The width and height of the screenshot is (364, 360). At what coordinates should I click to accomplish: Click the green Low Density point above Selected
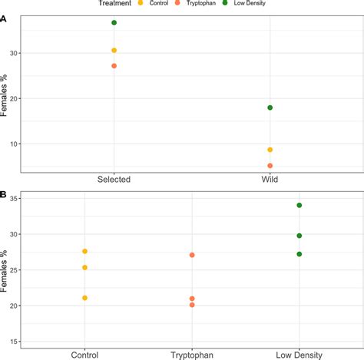[x=114, y=23]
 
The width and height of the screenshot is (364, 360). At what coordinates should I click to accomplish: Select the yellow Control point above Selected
[x=114, y=51]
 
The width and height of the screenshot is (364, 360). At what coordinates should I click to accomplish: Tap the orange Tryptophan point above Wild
[x=270, y=166]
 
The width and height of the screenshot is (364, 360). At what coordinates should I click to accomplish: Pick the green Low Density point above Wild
[x=270, y=107]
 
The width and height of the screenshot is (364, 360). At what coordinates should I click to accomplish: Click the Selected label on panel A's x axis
[x=114, y=180]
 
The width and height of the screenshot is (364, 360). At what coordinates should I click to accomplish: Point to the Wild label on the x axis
[x=270, y=180]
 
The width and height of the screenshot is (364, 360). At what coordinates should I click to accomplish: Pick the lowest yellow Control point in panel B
[x=85, y=298]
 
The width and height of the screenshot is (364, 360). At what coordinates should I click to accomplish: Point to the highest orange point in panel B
[x=192, y=255]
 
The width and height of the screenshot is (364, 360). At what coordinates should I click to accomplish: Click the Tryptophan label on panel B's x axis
[x=192, y=355]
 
